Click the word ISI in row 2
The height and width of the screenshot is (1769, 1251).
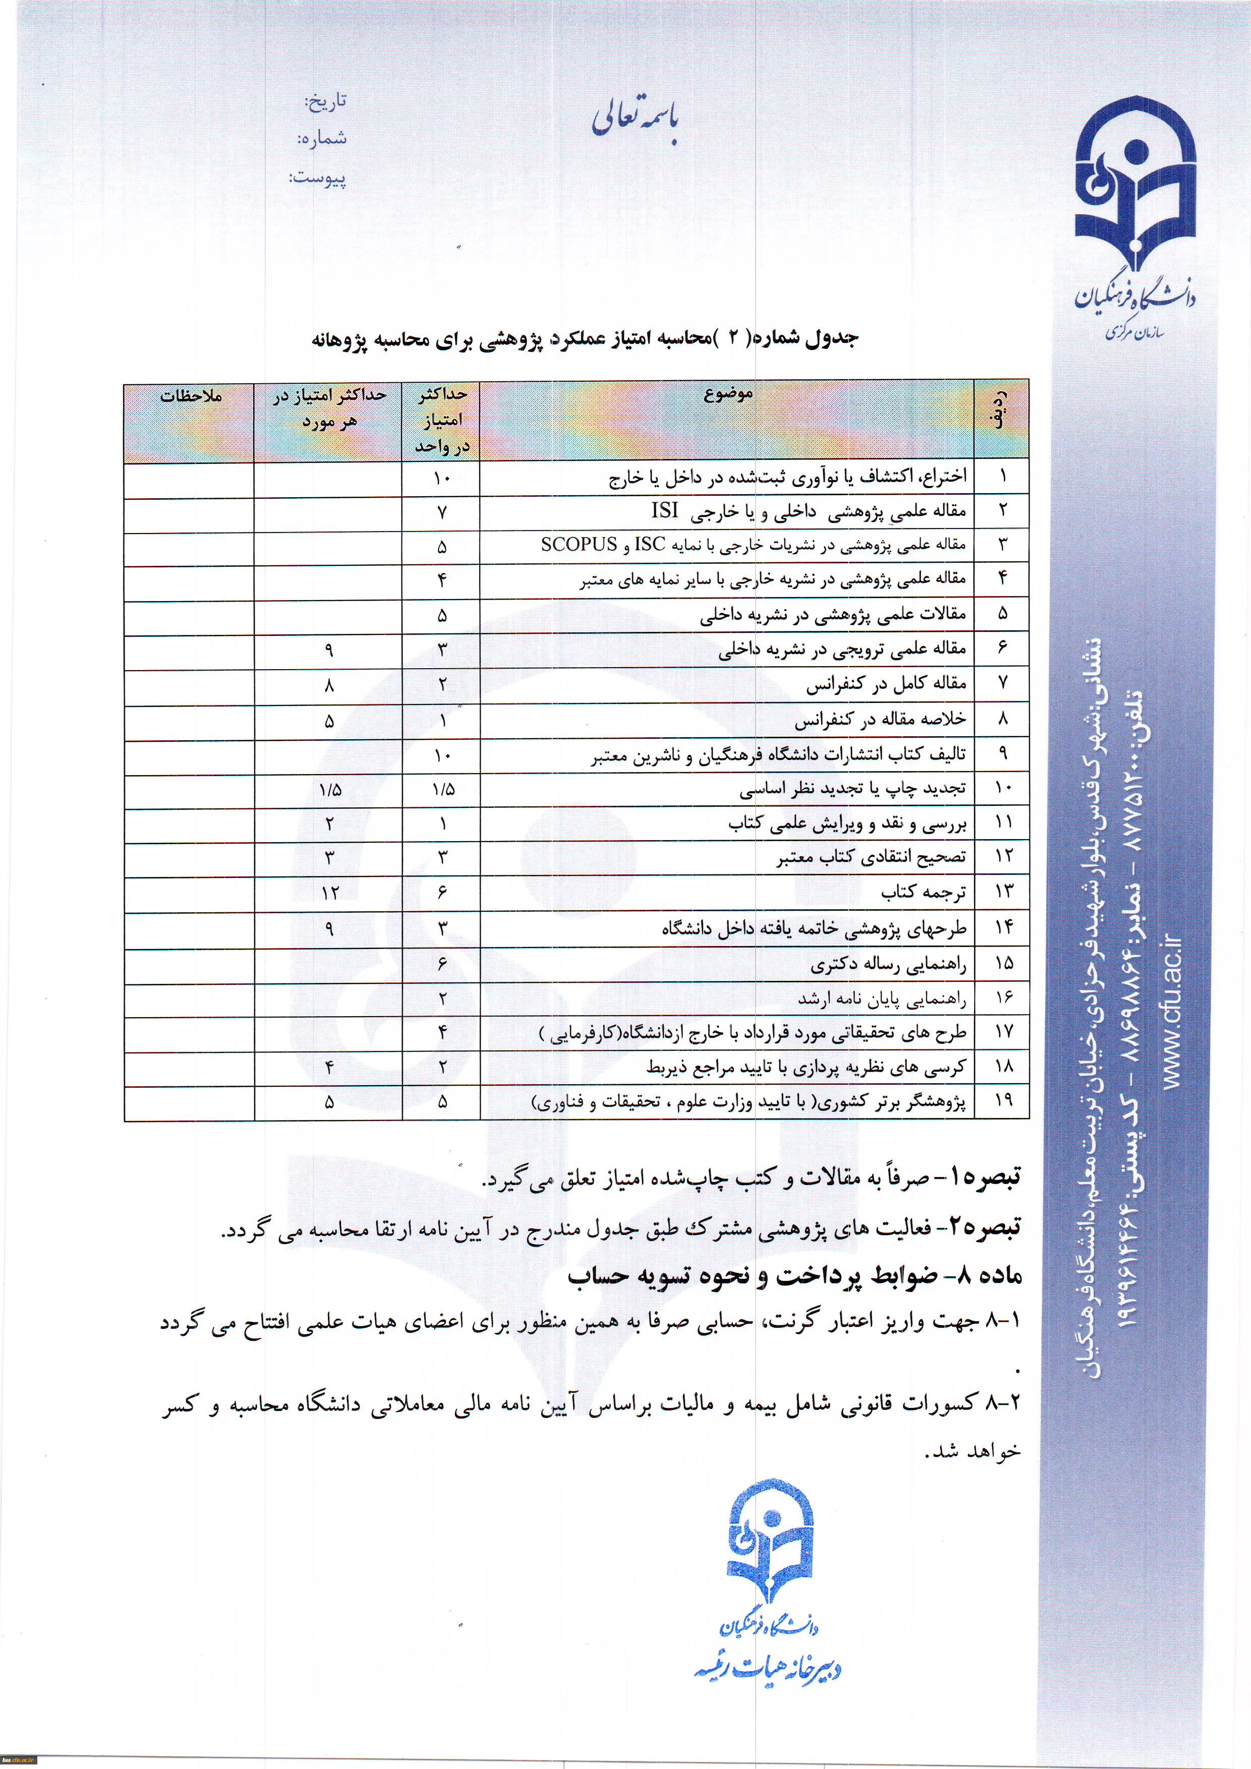(664, 510)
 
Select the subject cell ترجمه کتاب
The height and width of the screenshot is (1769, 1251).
(924, 892)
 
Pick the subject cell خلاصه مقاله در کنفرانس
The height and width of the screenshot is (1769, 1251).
(880, 720)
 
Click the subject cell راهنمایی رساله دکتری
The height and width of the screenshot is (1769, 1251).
(888, 963)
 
